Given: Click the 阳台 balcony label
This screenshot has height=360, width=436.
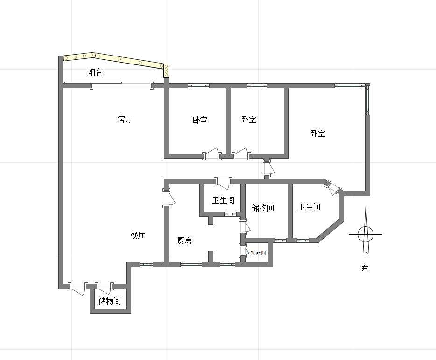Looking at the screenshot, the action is click(95, 72).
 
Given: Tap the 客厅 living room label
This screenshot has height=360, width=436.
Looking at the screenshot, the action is click(125, 120).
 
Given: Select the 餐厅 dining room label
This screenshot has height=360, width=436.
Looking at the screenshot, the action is click(138, 235).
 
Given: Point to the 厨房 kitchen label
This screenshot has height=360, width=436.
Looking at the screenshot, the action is click(184, 240).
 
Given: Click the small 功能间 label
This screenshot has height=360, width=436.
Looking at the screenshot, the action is click(258, 253).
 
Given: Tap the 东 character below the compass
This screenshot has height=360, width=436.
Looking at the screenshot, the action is click(365, 268).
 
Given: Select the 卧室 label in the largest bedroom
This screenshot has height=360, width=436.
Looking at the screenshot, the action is click(317, 134).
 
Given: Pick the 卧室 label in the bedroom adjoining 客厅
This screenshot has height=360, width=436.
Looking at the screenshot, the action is click(200, 120).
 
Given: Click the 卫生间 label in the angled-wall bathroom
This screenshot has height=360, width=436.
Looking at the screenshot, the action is click(309, 207).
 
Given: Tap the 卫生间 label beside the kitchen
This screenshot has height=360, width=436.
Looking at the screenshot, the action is click(223, 200).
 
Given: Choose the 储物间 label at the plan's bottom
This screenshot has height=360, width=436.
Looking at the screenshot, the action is click(110, 301).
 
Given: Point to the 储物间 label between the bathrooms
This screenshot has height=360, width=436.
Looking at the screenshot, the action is click(263, 208).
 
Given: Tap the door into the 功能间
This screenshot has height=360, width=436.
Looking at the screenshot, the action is click(244, 252).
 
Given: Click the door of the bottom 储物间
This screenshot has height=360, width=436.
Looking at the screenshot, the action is click(105, 289).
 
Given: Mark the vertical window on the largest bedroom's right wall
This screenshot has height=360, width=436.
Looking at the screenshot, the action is click(367, 100).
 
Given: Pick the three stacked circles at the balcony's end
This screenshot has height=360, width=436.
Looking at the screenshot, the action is click(166, 71).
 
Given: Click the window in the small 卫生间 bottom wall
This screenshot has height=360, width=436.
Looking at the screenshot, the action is click(230, 214).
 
